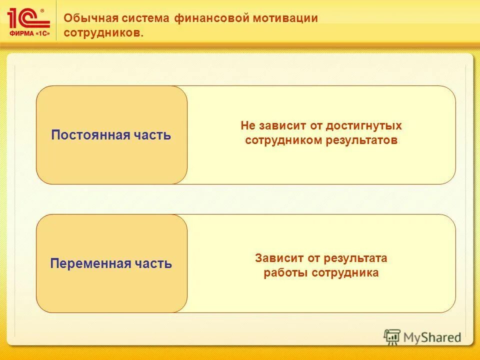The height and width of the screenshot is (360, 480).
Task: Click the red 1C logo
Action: point(28,17)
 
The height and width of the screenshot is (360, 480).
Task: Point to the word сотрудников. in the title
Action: point(103,33)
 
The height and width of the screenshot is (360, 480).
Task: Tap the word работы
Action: point(285,273)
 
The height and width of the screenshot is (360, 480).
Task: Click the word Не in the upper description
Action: point(248,126)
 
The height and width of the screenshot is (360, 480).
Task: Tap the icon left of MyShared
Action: point(392,337)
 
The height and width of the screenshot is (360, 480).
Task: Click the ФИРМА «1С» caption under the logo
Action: point(29,33)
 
